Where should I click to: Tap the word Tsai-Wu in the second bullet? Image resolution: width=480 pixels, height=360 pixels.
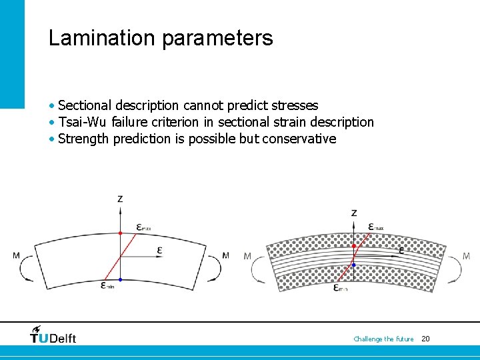click(x=83, y=122)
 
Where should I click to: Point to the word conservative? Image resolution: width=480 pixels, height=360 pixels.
click(x=299, y=139)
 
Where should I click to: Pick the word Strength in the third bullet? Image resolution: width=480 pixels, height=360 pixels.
click(x=84, y=139)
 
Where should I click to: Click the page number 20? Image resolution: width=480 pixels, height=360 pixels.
click(x=425, y=339)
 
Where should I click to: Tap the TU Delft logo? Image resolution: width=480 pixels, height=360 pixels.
click(x=53, y=335)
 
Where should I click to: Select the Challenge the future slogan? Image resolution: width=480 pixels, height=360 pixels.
click(x=383, y=339)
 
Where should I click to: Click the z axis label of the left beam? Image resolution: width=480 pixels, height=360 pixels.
click(x=120, y=199)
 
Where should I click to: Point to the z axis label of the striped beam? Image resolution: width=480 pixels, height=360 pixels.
click(x=353, y=213)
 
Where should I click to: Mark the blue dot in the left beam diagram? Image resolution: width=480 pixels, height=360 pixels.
click(x=120, y=279)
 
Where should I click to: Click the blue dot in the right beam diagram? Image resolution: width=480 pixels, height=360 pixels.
click(x=354, y=265)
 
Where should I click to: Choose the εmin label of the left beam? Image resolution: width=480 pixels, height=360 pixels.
click(x=107, y=286)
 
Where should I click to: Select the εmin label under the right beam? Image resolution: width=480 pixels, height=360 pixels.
click(x=341, y=288)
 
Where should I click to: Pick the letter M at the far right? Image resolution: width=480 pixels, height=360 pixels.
click(x=466, y=256)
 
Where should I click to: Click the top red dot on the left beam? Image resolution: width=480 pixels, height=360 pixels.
click(x=120, y=233)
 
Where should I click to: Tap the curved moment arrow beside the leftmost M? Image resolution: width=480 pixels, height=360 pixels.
click(x=28, y=268)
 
